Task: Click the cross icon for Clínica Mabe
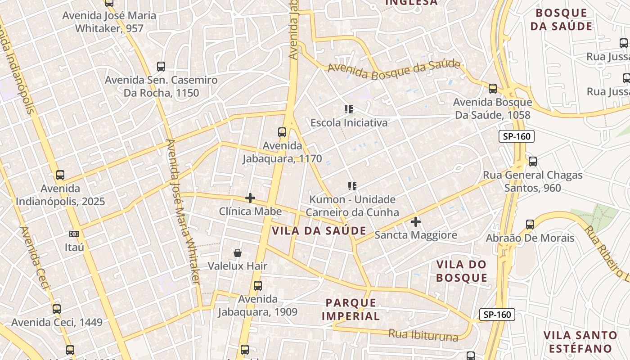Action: click(250, 198)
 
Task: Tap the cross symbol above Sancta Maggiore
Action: click(416, 221)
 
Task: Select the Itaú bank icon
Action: click(74, 234)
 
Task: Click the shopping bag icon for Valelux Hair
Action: click(238, 253)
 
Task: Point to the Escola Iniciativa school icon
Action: click(349, 109)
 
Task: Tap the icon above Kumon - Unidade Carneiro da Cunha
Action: click(352, 186)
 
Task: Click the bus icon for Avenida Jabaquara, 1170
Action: click(282, 132)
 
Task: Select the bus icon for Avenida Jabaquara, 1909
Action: click(257, 286)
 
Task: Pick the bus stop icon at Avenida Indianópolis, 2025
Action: click(60, 175)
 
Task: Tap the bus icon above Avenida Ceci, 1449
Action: click(57, 309)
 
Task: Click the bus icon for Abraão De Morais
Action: click(530, 225)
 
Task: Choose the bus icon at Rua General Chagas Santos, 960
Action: click(533, 161)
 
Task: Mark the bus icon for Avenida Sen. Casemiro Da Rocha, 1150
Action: click(161, 67)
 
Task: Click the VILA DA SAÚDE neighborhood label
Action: click(319, 231)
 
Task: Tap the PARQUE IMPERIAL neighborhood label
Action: click(351, 309)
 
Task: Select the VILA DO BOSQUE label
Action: click(462, 271)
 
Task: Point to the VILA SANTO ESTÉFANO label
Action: click(580, 342)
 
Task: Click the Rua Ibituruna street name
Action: click(423, 335)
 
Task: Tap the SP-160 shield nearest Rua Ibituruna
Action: click(497, 315)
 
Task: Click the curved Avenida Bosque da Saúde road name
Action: click(394, 70)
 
